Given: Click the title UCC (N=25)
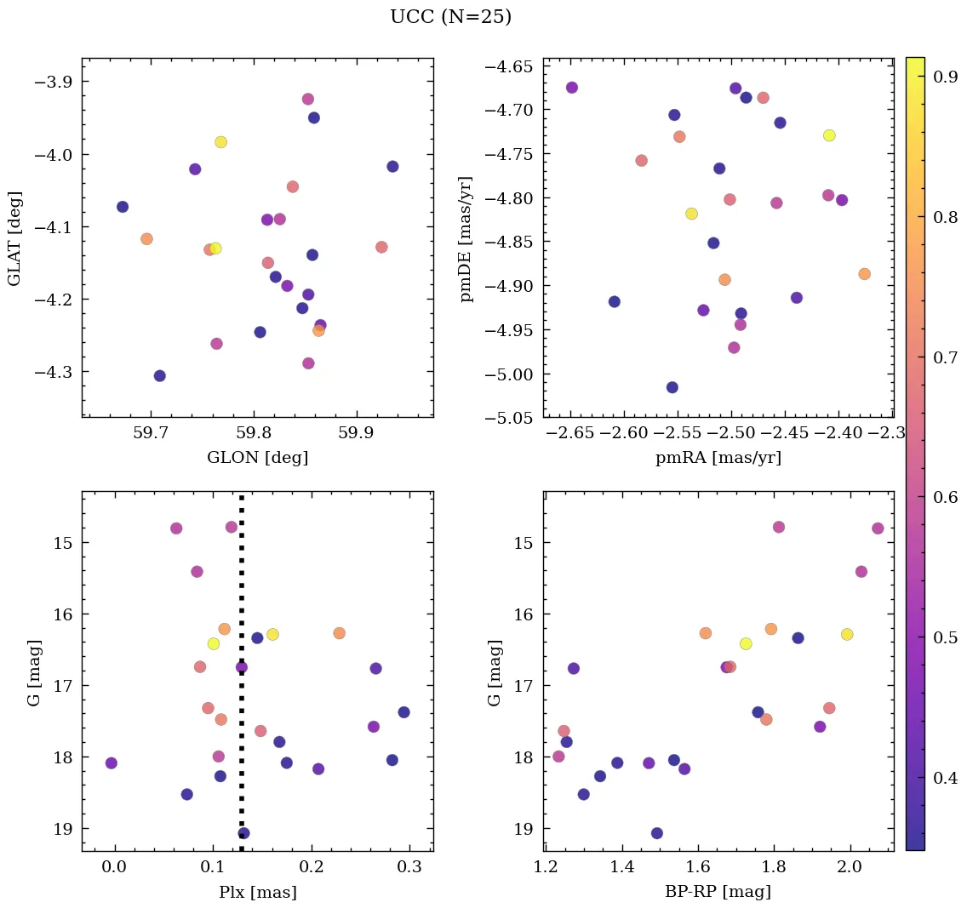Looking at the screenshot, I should tap(450, 17).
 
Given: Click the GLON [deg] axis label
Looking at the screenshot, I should tap(257, 458).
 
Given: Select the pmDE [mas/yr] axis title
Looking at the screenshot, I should tap(466, 239).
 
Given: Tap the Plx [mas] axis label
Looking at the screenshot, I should tap(257, 892).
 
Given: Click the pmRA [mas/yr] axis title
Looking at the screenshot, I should tap(718, 458).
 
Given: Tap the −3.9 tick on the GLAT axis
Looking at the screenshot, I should tap(54, 82).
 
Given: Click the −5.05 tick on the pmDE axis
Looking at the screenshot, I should tap(508, 418).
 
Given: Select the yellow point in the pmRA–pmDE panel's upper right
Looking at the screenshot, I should tap(829, 135).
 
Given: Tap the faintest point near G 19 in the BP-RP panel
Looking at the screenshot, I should tap(656, 833).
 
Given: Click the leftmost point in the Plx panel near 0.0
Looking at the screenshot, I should tap(111, 763).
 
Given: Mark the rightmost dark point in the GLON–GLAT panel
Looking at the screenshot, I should tap(392, 167).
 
